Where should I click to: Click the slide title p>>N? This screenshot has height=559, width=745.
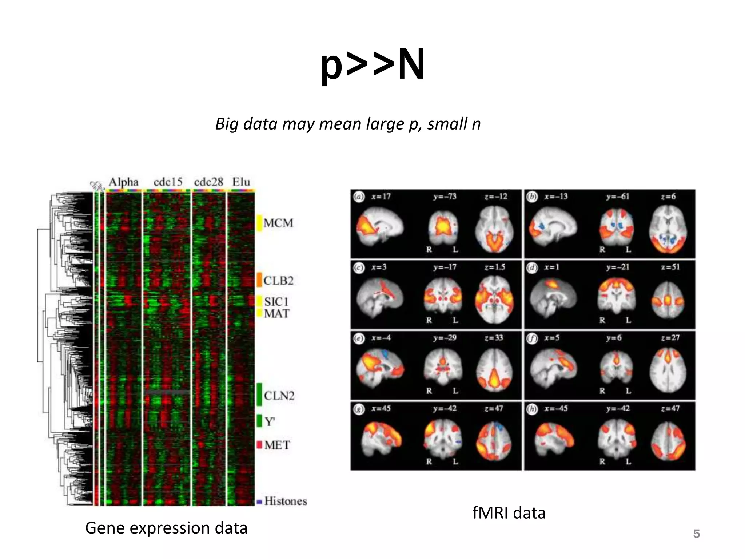coord(372,66)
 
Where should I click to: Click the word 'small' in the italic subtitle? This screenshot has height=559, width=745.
coord(447,124)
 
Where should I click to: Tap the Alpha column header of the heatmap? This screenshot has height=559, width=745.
coord(124,182)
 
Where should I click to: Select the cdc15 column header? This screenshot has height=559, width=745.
coord(168,182)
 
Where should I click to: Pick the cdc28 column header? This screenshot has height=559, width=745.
coord(208,182)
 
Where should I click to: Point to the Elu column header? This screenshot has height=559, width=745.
coord(241,182)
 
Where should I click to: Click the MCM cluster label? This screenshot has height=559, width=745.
coord(278,223)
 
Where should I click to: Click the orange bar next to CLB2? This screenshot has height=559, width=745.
coord(259,280)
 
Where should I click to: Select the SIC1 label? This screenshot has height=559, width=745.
coord(276,302)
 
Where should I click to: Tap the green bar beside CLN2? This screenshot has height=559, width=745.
coord(259,394)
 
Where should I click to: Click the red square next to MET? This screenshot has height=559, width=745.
coord(259,445)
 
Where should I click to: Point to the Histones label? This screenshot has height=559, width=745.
coord(286,501)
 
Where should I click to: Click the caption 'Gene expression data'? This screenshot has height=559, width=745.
coord(166,528)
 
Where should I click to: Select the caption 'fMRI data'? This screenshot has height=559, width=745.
coord(509,513)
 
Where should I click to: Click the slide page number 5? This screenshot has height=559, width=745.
coord(696,534)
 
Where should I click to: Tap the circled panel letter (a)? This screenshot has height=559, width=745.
coord(359,197)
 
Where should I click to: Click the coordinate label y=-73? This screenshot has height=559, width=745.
coord(445,197)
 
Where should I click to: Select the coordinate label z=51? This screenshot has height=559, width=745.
coord(670,267)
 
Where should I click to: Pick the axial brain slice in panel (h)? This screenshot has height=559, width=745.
coord(668,441)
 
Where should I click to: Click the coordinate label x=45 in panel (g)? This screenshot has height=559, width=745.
coord(381,409)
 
